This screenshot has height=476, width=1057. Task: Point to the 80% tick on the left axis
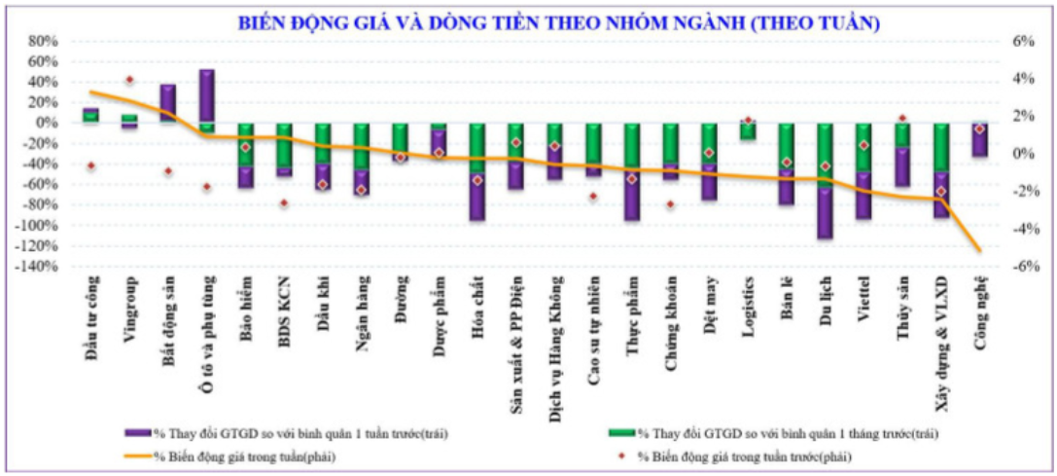[x=44, y=42]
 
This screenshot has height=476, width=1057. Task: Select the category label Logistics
[x=750, y=311]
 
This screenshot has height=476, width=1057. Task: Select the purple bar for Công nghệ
[x=979, y=141]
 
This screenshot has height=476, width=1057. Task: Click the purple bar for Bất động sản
[x=167, y=102]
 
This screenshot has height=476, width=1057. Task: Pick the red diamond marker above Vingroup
[x=129, y=80]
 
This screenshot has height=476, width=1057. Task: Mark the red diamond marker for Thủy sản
[x=902, y=119]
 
